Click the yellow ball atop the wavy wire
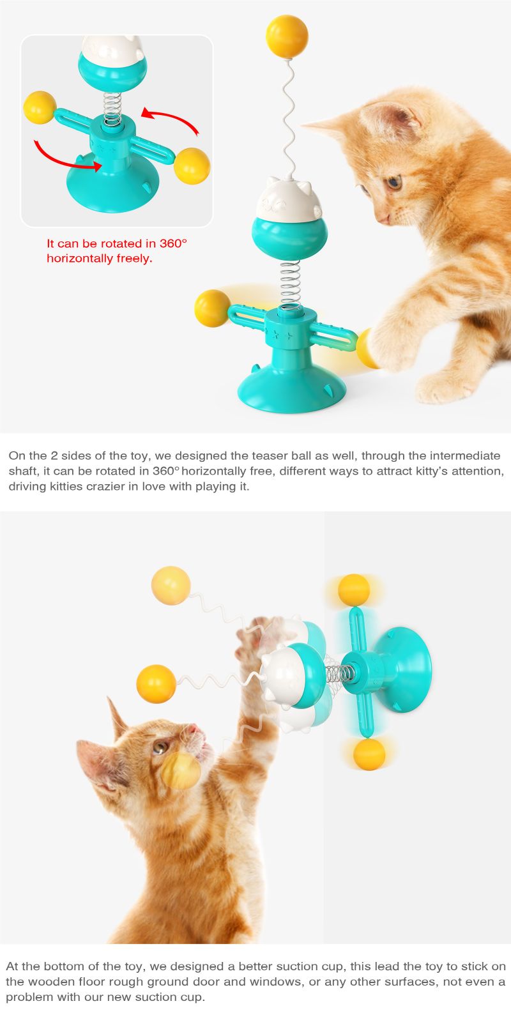pos(287,36)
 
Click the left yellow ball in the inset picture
pos(40,107)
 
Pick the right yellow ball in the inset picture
pos(192,165)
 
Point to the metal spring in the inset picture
pos(112,109)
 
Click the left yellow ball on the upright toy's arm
pos(212,309)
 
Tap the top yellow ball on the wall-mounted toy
pos(354,590)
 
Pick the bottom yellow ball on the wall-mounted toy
pos(369,754)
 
